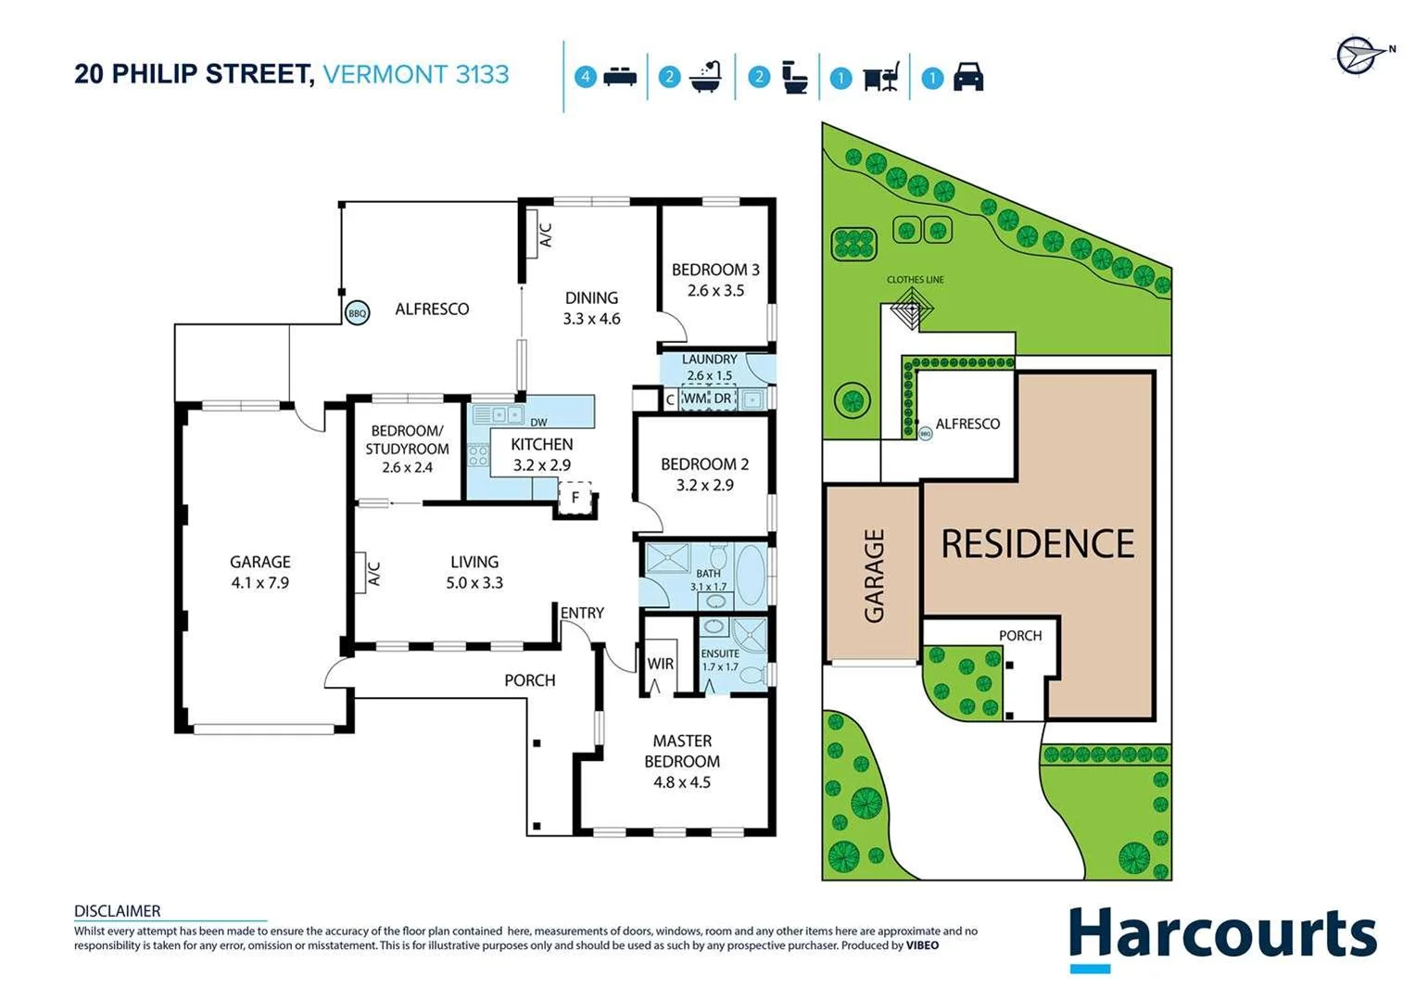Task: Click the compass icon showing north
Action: click(x=1358, y=55)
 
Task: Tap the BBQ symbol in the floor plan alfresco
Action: click(x=357, y=313)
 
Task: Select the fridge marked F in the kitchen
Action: click(x=575, y=498)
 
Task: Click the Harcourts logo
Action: click(x=1222, y=937)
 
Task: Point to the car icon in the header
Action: click(x=968, y=77)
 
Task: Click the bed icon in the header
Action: click(x=619, y=77)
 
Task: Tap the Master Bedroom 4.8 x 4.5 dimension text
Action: click(x=682, y=782)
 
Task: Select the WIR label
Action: click(x=660, y=664)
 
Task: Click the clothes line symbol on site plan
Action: click(x=912, y=307)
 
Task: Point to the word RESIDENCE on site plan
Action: click(x=1038, y=544)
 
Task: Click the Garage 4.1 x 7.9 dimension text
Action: click(x=260, y=583)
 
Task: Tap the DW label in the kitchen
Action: click(x=538, y=423)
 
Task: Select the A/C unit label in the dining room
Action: click(x=546, y=234)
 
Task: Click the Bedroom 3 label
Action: click(x=715, y=270)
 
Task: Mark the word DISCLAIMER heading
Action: click(x=118, y=911)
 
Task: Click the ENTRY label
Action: click(x=582, y=613)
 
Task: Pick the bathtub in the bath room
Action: click(x=751, y=574)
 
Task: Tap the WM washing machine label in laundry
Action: click(x=694, y=399)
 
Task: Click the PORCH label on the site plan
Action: click(x=1020, y=636)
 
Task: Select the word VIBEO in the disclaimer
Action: click(x=922, y=945)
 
